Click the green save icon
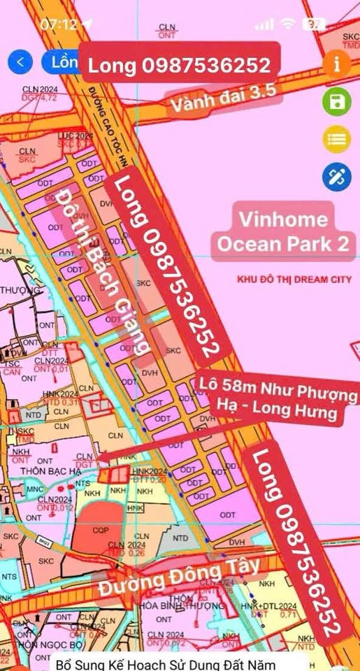click(x=336, y=102)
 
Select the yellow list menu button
click(x=336, y=139)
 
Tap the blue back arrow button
click(x=20, y=62)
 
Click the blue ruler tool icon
click(x=336, y=176)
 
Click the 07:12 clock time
click(x=59, y=24)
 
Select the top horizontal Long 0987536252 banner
click(x=179, y=65)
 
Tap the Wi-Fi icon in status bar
click(x=287, y=24)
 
